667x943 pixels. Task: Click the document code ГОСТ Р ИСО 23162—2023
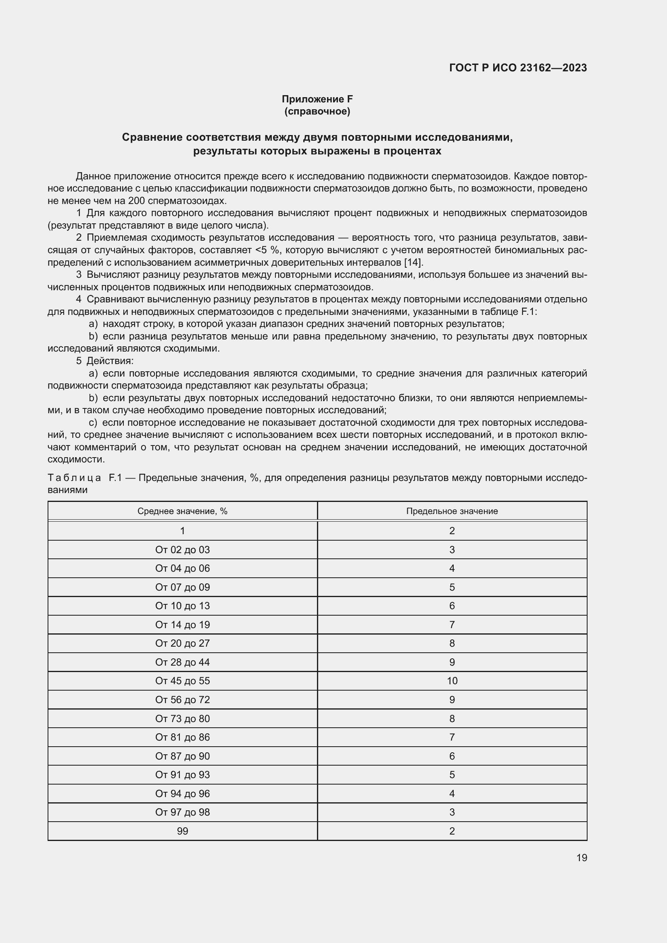pyautogui.click(x=518, y=68)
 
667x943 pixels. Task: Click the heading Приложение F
pyautogui.click(x=317, y=99)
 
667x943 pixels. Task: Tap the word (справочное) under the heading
pyautogui.click(x=317, y=111)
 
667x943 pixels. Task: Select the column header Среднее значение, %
pyautogui.click(x=182, y=511)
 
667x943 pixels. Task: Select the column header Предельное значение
pyautogui.click(x=452, y=511)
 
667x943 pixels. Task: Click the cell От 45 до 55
pyautogui.click(x=182, y=681)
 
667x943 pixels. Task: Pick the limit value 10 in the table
pyautogui.click(x=452, y=681)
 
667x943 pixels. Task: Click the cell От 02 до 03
pyautogui.click(x=182, y=550)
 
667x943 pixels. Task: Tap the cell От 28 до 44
pyautogui.click(x=182, y=662)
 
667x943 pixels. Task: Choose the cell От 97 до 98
pyautogui.click(x=182, y=812)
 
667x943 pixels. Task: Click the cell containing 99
pyautogui.click(x=182, y=831)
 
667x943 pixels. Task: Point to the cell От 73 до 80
pyautogui.click(x=182, y=718)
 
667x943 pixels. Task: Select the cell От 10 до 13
pyautogui.click(x=182, y=606)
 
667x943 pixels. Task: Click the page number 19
pyautogui.click(x=582, y=858)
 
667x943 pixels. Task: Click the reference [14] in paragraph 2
pyautogui.click(x=414, y=262)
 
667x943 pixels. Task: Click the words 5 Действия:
pyautogui.click(x=105, y=361)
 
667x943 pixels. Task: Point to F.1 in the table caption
pyautogui.click(x=115, y=478)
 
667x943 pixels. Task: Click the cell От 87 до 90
pyautogui.click(x=182, y=756)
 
